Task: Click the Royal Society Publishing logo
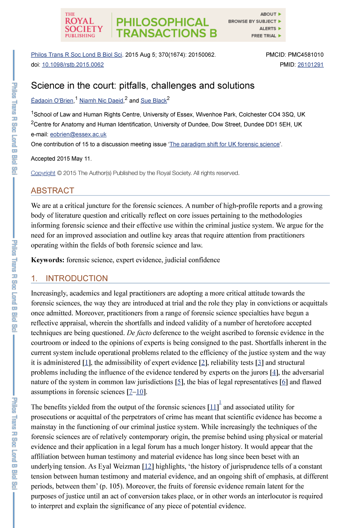pos(84,25)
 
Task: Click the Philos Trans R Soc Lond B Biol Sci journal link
pos(76,55)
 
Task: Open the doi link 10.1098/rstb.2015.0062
pos(73,64)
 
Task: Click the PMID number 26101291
pos(310,64)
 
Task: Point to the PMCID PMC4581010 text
pos(295,55)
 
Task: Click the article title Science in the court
pos(142,85)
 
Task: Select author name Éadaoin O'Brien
pos(52,101)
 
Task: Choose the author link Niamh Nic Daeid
pos(101,101)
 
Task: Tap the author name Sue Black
pos(154,101)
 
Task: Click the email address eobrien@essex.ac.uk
pos(78,134)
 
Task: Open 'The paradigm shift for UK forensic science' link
pos(224,144)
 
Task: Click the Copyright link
pos(43,173)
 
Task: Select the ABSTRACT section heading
pos(52,190)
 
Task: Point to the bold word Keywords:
pos(47,260)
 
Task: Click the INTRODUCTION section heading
pos(76,278)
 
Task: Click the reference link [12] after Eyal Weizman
pos(148,466)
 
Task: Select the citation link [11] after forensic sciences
pos(213,407)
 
